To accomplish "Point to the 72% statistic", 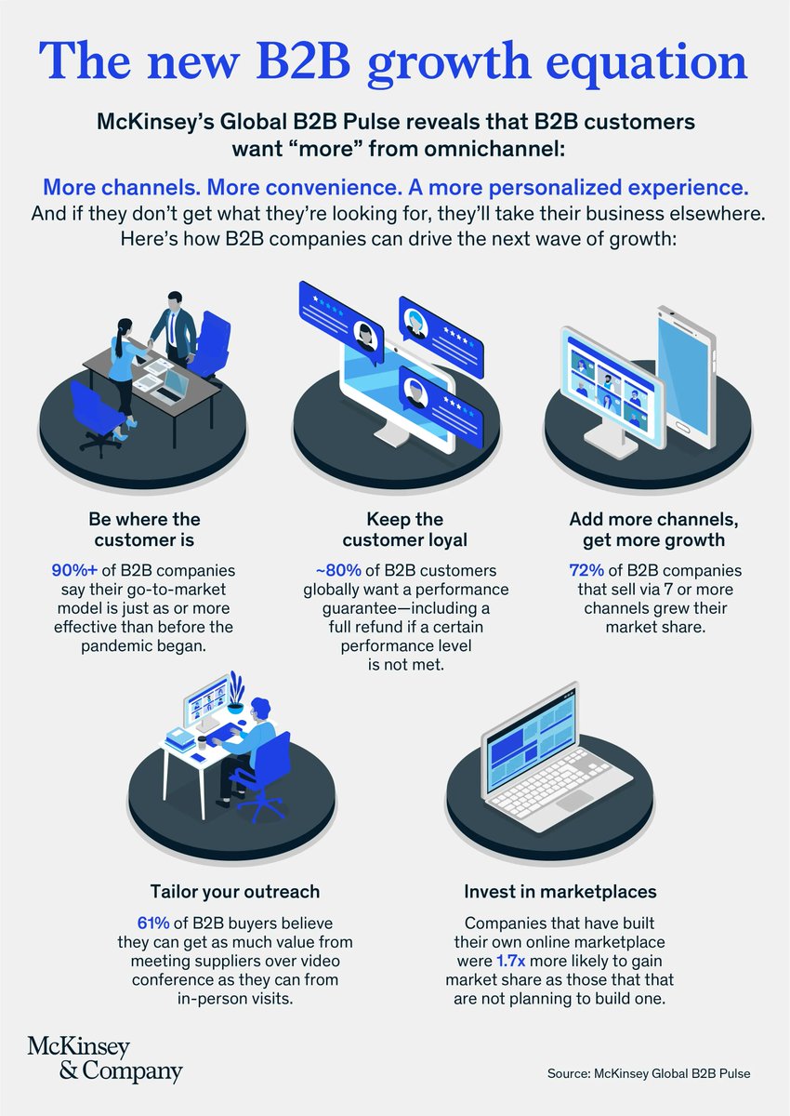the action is pyautogui.click(x=586, y=569).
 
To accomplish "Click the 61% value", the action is pyautogui.click(x=152, y=922).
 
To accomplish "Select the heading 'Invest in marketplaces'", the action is pyautogui.click(x=560, y=891).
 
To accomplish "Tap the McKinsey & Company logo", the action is pyautogui.click(x=104, y=1058).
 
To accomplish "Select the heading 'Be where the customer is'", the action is pyautogui.click(x=144, y=529).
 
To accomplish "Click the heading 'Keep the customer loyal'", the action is pyautogui.click(x=393, y=529).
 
